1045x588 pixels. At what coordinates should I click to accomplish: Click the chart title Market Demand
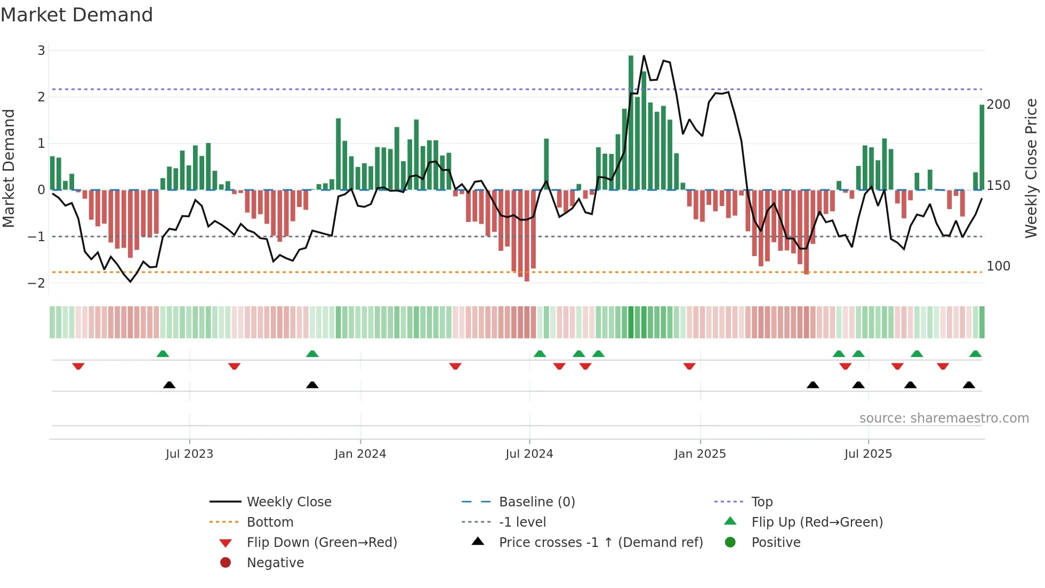coord(77,15)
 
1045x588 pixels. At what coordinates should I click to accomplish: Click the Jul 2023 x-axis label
coord(189,454)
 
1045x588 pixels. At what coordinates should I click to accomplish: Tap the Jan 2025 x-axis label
coord(700,454)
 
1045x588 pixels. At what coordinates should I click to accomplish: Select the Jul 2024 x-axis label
coord(529,454)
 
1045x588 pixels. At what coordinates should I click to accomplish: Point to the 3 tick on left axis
coord(41,51)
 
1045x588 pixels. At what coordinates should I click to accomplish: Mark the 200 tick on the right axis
coord(998,105)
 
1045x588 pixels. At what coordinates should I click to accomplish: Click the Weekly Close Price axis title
coord(1031,168)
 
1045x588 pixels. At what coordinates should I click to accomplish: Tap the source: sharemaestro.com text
coord(944,418)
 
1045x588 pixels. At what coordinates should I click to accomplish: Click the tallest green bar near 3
coord(631,123)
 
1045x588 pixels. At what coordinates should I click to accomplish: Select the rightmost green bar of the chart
coord(982,147)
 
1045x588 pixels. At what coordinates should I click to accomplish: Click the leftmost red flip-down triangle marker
coord(78,366)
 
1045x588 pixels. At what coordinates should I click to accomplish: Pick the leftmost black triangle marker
coord(169,385)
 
